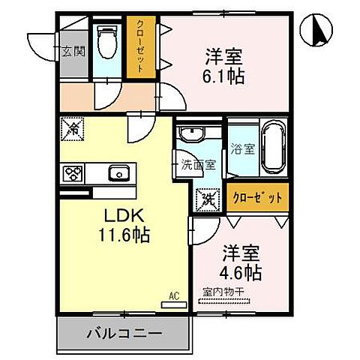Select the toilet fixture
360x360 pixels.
tap(108, 43)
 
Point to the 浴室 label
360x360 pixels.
tap(243, 148)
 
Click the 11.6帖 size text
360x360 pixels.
tap(124, 235)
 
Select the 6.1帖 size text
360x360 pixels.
tap(225, 76)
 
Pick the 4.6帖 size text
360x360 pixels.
tap(241, 271)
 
